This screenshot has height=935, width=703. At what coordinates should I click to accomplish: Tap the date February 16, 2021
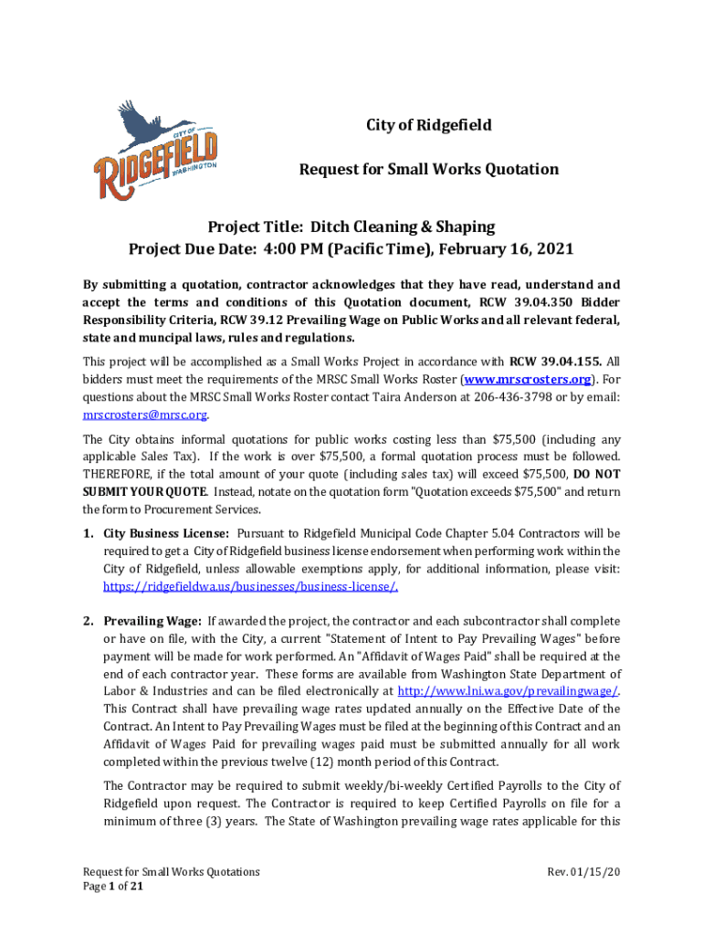tap(502, 248)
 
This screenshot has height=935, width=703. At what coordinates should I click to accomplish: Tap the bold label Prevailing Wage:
tap(152, 622)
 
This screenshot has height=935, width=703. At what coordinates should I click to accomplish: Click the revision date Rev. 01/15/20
tap(583, 872)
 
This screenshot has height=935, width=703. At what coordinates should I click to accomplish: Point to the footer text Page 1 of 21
tap(112, 887)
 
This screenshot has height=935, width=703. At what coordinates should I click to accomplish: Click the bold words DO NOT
tap(597, 474)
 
